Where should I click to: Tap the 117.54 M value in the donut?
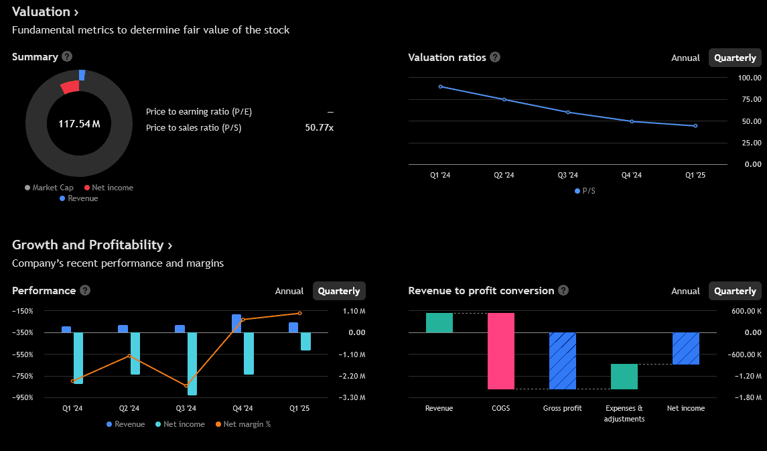click(79, 124)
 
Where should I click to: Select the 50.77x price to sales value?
click(319, 127)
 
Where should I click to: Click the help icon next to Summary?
click(67, 57)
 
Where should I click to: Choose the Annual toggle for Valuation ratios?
click(685, 58)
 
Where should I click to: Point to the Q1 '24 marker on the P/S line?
click(440, 86)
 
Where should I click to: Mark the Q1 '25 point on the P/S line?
click(695, 126)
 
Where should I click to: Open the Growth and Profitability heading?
click(92, 245)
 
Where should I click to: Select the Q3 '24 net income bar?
click(192, 363)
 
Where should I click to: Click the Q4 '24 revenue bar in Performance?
click(236, 323)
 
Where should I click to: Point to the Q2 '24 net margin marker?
click(129, 356)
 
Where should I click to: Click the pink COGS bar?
click(501, 350)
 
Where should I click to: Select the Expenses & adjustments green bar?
click(624, 377)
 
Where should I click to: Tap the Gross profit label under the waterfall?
click(562, 408)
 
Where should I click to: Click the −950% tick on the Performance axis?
click(23, 397)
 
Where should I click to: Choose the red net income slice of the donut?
click(70, 87)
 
